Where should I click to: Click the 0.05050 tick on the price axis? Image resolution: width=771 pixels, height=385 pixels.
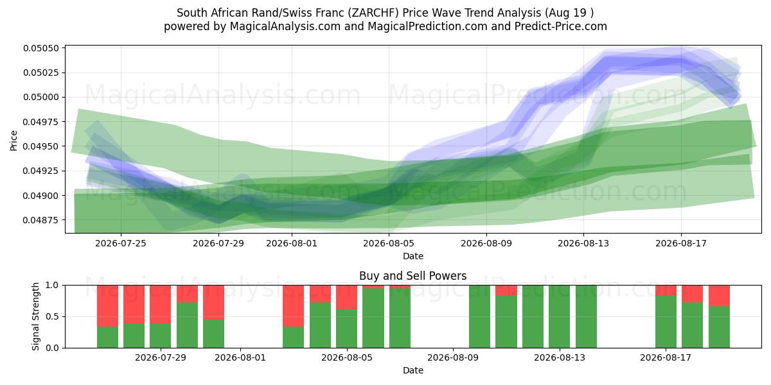pos(41,48)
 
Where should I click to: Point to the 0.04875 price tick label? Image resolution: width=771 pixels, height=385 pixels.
pos(41,220)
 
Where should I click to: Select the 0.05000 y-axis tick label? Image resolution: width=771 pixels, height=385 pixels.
pos(41,98)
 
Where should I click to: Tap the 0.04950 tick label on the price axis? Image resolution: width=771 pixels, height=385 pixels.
pos(41,146)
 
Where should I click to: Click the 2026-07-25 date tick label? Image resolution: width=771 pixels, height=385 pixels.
pos(121,243)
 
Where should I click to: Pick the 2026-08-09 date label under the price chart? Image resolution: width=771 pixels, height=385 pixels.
pos(486,243)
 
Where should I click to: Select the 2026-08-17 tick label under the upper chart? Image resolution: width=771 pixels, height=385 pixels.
pos(681,243)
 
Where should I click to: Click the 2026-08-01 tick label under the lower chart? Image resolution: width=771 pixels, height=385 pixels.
pos(240,357)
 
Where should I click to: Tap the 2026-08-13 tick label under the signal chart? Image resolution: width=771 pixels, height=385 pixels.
pos(560,357)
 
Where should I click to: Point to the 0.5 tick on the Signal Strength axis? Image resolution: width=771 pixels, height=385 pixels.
pos(53,316)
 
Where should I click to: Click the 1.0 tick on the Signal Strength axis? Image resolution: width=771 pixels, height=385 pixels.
pos(53,286)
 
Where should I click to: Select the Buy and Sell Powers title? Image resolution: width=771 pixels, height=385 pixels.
pos(412,276)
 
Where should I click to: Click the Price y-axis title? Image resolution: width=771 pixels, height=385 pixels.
pos(13,141)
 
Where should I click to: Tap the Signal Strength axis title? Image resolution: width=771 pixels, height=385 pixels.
pos(35,316)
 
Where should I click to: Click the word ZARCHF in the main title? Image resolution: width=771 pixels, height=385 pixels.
pos(373,13)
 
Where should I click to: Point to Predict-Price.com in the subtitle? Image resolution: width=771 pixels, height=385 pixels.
pos(561,26)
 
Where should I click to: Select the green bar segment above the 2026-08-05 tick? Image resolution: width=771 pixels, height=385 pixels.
pos(346,329)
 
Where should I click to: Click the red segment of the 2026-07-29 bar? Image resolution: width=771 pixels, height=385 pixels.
pos(161,304)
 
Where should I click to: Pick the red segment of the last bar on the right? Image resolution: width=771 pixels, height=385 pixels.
pos(719,296)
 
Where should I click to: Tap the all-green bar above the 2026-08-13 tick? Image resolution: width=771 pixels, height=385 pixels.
pos(560,316)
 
